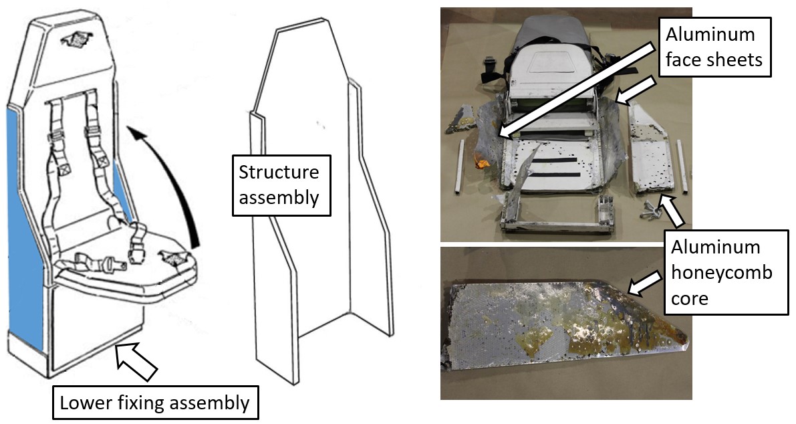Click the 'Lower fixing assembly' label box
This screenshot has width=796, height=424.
click(x=154, y=403)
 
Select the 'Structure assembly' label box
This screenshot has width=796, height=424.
click(x=281, y=184)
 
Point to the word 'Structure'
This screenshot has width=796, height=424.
click(x=279, y=173)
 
